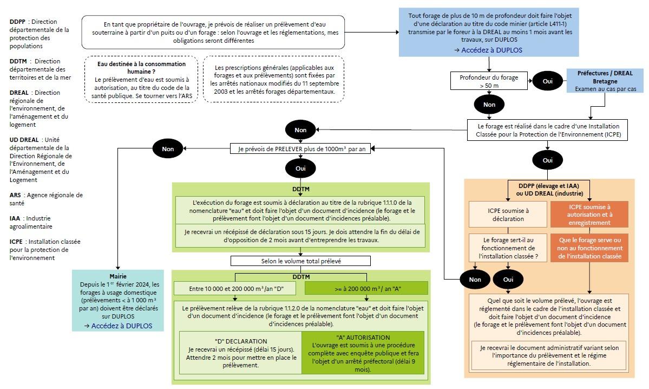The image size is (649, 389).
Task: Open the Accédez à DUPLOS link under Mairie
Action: [x=118, y=326]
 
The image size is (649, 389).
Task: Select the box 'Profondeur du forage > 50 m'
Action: [x=488, y=81]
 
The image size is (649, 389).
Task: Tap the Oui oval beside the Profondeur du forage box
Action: [x=548, y=81]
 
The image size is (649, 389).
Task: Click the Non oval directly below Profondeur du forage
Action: [x=489, y=105]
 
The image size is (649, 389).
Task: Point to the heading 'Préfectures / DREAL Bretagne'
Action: [x=597, y=76]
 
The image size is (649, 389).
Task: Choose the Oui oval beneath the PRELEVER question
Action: [x=301, y=168]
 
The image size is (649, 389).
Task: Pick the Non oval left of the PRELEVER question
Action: [x=168, y=148]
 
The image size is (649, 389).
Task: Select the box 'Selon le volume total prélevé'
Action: [x=301, y=261]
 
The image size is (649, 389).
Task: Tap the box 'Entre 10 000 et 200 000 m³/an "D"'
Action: [x=237, y=288]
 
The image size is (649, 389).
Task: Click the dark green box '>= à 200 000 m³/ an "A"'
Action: [x=366, y=288]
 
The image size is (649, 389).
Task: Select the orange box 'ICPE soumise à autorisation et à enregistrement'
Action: [x=589, y=215]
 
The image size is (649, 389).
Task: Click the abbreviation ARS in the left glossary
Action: [x=15, y=195]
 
